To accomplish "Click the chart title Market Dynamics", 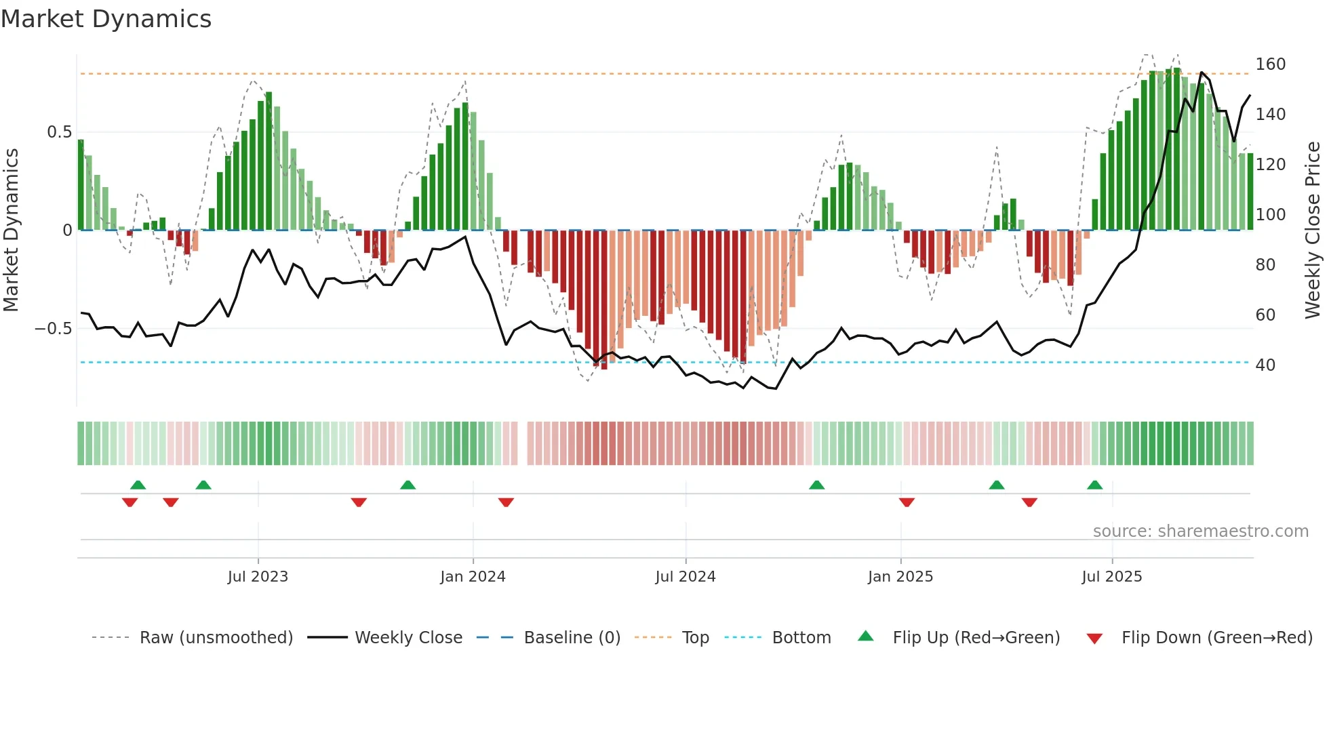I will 106,19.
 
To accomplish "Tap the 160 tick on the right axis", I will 1270,64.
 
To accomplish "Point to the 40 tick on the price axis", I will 1265,365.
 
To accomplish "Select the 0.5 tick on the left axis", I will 59,132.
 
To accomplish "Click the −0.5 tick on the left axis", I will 54,329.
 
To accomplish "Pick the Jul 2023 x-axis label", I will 258,577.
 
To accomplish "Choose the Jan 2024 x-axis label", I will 473,577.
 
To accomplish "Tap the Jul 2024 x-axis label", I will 685,577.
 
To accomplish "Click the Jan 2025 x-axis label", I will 900,577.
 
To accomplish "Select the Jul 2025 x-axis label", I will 1111,577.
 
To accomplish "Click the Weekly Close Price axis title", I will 1313,230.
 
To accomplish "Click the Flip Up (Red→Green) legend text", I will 976,638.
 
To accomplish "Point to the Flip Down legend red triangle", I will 1094,639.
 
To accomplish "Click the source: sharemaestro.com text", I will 1200,531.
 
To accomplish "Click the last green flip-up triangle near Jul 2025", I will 1094,485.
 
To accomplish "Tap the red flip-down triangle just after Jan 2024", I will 506,502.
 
